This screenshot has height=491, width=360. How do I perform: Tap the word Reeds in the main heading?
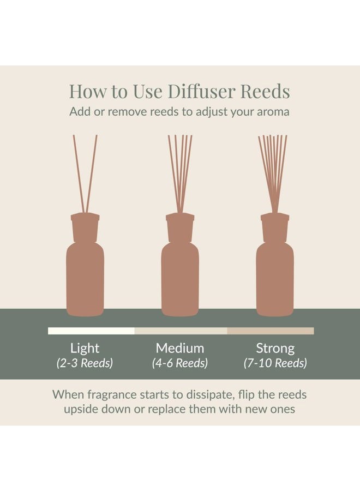(266, 91)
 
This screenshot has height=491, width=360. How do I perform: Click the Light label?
(85, 349)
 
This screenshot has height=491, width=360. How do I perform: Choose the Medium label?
(180, 348)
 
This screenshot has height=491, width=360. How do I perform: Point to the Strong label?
(275, 349)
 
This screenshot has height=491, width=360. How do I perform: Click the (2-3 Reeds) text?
(85, 363)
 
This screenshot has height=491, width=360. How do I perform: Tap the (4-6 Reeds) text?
(180, 363)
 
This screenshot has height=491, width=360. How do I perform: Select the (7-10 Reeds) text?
(275, 363)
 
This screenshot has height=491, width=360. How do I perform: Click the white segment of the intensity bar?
(91, 331)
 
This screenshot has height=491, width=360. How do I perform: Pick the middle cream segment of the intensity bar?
(181, 331)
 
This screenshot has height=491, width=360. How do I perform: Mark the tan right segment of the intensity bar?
(271, 331)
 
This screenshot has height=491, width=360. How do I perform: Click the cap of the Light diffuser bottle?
(85, 227)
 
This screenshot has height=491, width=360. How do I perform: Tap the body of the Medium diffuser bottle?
(180, 279)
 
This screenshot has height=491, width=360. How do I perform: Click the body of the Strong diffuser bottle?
(275, 279)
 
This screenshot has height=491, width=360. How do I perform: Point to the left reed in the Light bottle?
(79, 174)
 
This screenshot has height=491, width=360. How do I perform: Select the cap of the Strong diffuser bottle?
(275, 227)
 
